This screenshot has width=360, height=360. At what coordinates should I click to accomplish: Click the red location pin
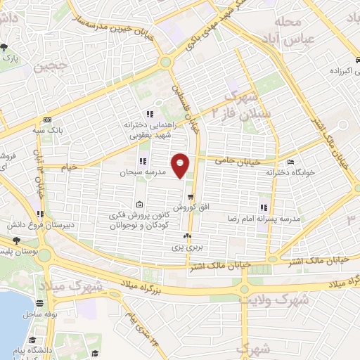point(181,165)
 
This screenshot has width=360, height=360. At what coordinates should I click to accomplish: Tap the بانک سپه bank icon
point(46,120)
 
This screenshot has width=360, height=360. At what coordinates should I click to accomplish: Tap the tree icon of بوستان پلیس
point(15,240)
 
